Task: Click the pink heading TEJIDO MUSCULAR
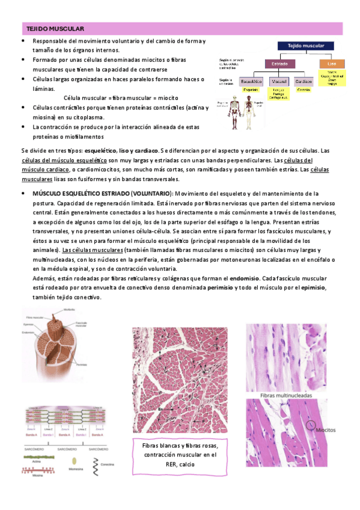(55, 29)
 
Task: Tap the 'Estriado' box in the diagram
(278, 63)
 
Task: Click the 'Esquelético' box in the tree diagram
(252, 81)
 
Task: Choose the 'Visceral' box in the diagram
(279, 81)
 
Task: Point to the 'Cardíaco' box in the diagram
(304, 81)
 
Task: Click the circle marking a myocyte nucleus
(311, 425)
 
